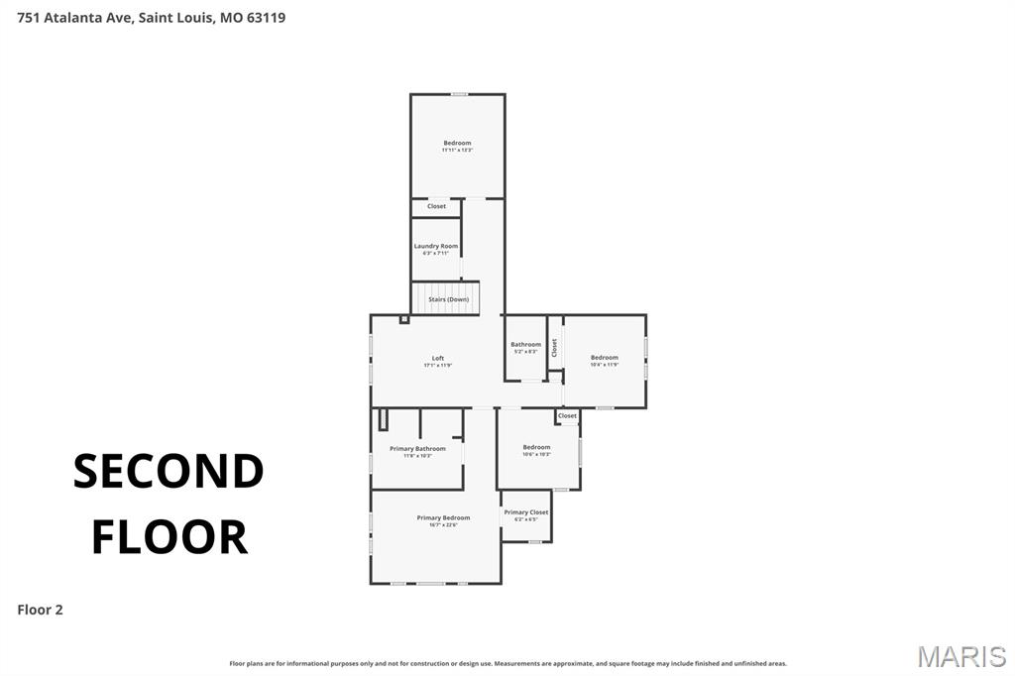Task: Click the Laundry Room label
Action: pos(436,246)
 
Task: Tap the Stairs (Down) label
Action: pos(448,299)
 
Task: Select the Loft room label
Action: pos(438,358)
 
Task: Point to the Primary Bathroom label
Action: pos(417,449)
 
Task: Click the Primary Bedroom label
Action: pos(443,517)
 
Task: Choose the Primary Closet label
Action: pos(526,512)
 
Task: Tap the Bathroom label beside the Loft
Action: pos(525,345)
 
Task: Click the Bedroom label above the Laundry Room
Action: pos(457,143)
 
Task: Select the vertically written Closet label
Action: pos(555,348)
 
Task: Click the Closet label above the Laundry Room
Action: pos(436,206)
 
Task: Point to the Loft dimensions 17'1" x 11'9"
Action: pos(438,366)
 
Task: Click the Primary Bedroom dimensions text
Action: pos(443,525)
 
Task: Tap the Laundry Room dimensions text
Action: pos(436,254)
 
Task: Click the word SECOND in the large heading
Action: pos(169,472)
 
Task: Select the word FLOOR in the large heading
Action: pos(169,536)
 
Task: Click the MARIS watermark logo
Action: pos(960,655)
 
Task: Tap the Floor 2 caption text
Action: pos(40,610)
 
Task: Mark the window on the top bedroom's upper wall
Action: pos(460,94)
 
